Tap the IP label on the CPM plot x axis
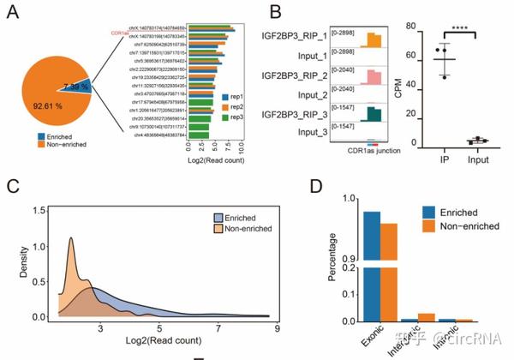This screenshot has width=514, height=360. click(x=444, y=160)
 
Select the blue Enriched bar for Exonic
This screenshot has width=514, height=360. click(x=371, y=266)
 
